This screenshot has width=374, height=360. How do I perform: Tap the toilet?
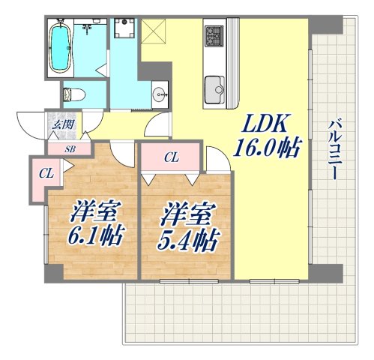pyautogui.click(x=73, y=94)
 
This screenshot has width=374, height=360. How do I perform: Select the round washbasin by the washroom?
pyautogui.click(x=159, y=94)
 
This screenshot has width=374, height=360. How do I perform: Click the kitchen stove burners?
pyautogui.click(x=214, y=34)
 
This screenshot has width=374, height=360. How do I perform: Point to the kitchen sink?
pyautogui.click(x=215, y=88)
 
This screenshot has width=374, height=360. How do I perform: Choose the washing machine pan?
pyautogui.click(x=123, y=31)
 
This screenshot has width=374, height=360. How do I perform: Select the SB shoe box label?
pyautogui.click(x=69, y=148)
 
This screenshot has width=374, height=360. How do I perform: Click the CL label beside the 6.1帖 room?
pyautogui.click(x=46, y=173)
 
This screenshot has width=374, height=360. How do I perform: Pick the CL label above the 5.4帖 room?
pyautogui.click(x=171, y=157)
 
